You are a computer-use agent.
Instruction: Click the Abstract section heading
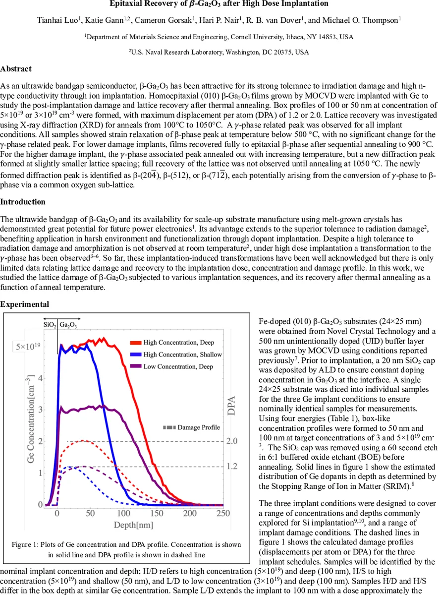[16, 69]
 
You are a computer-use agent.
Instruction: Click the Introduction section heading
[23, 202]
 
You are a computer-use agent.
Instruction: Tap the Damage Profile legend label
[199, 427]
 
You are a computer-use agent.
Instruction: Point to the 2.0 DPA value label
[231, 441]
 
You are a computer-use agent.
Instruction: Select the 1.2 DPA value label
[231, 467]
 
